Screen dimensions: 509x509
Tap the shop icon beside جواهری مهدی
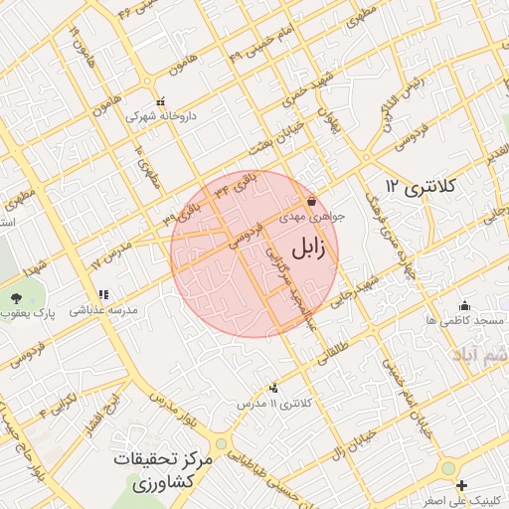click(x=312, y=201)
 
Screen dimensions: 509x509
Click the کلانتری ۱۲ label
click(x=420, y=186)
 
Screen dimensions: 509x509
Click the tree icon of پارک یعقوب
click(x=15, y=297)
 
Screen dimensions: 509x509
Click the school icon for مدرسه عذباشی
click(x=103, y=295)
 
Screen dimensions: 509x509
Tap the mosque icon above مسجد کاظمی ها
click(x=464, y=306)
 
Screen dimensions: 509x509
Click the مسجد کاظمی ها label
click(x=464, y=321)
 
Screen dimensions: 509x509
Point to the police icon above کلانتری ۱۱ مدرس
click(x=274, y=388)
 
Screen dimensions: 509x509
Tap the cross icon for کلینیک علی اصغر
click(x=460, y=485)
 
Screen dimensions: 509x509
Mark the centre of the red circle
click(x=254, y=254)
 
